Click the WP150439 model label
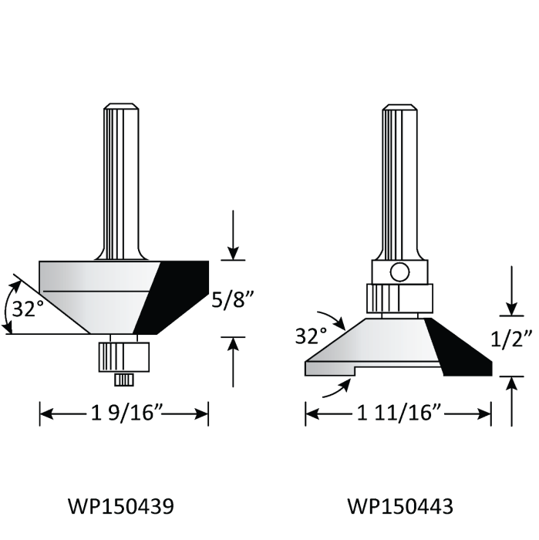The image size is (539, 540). click(x=120, y=506)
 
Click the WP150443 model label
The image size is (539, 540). click(x=399, y=506)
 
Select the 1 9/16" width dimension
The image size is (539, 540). click(x=124, y=414)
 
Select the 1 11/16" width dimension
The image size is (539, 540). click(x=398, y=414)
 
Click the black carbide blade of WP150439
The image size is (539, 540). click(x=173, y=297)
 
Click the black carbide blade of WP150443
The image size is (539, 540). click(x=458, y=347)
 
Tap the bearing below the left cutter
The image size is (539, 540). click(x=120, y=356)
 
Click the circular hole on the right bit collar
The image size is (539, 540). click(x=399, y=272)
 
